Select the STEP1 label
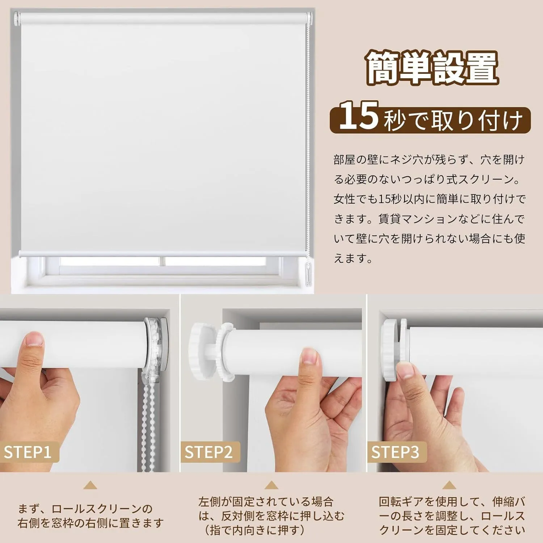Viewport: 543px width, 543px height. click(28, 452)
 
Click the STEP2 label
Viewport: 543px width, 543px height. click(209, 452)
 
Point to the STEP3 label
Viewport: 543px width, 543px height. click(395, 452)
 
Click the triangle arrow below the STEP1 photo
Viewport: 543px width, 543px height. click(90, 485)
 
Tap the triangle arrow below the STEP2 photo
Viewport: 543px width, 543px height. click(271, 485)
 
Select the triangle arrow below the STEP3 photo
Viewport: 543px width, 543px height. click(449, 485)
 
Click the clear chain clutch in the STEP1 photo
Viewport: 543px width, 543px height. click(157, 348)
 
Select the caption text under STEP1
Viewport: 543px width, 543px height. click(90, 516)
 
